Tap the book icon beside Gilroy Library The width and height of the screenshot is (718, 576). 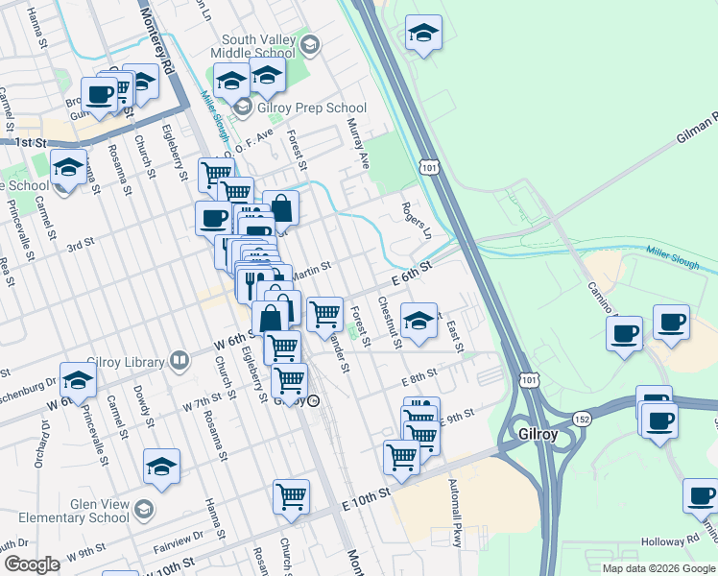[x=179, y=361]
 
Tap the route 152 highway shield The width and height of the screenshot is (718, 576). [x=582, y=419]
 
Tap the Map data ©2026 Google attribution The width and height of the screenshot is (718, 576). [x=658, y=568]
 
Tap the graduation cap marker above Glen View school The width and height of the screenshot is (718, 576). [x=161, y=468]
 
